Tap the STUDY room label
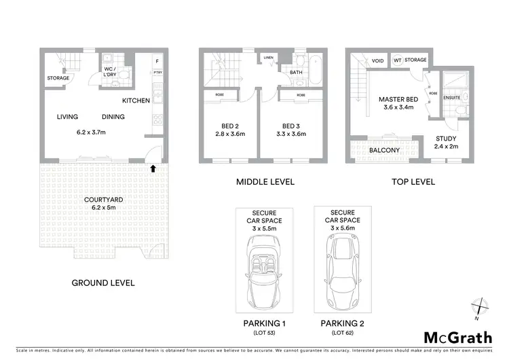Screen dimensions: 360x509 pos(446,138)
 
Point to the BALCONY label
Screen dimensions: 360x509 pos(384,150)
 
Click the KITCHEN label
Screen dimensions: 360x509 pos(136,101)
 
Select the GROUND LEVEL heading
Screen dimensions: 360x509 pos(104,283)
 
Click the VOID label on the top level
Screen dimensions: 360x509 pos(377,60)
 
